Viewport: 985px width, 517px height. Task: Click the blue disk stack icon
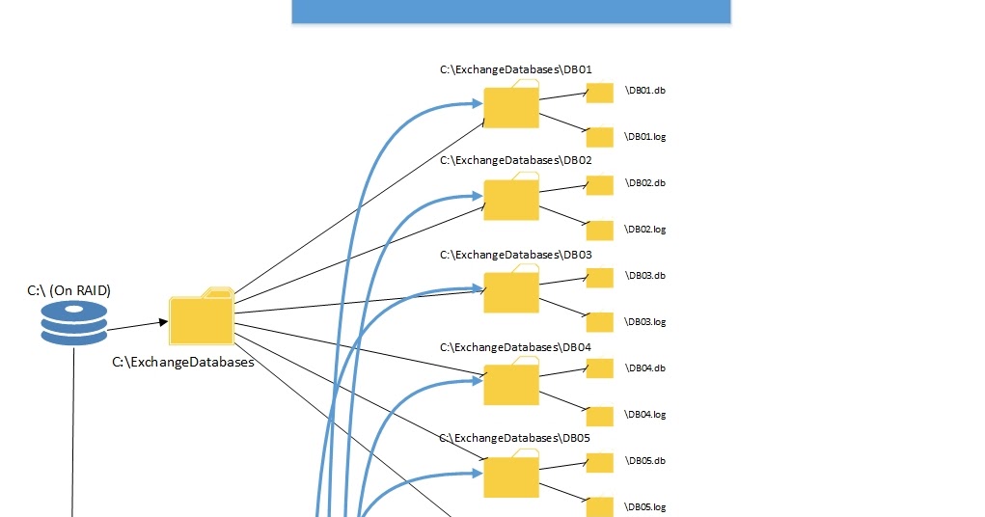click(x=74, y=322)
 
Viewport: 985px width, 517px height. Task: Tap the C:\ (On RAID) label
click(x=68, y=289)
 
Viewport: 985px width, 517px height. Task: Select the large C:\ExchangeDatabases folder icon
click(x=202, y=317)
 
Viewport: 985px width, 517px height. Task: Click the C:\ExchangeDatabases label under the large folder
click(x=183, y=363)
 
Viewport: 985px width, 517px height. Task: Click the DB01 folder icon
click(x=511, y=105)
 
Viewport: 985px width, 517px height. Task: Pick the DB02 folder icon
click(x=511, y=198)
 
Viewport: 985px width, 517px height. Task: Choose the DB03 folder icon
click(x=511, y=290)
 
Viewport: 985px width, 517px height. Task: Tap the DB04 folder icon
click(x=511, y=383)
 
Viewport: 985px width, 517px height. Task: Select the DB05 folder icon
click(x=511, y=476)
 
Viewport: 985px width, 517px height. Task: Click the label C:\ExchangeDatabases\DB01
click(x=515, y=69)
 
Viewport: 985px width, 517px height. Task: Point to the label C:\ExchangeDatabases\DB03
click(x=515, y=255)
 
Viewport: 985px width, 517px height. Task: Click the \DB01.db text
click(x=645, y=91)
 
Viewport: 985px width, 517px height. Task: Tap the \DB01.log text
click(x=645, y=137)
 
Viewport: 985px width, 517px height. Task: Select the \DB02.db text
click(x=645, y=183)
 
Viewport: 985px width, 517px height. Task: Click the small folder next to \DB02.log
click(x=600, y=231)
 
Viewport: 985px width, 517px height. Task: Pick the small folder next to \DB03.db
click(x=600, y=278)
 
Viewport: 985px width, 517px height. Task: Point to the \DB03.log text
click(x=645, y=322)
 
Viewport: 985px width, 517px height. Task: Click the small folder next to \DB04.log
click(x=600, y=416)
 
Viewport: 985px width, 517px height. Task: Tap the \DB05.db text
click(x=645, y=461)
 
